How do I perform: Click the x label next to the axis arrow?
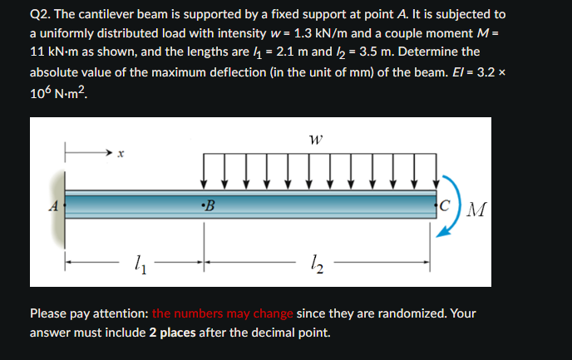pyautogui.click(x=121, y=154)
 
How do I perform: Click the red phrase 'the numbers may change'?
pyautogui.click(x=222, y=313)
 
